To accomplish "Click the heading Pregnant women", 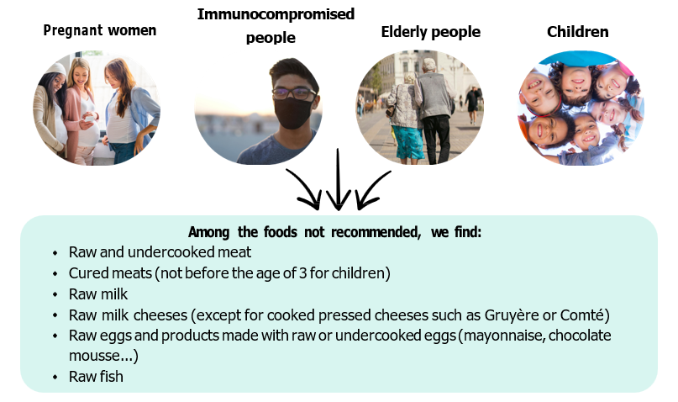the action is coord(100,31).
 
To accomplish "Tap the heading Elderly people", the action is coord(431,32).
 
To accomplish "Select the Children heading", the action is coord(578,32).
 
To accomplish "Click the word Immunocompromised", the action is coord(276,14).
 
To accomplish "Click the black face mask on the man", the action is coord(294,113).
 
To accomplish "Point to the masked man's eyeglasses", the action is coord(294,93).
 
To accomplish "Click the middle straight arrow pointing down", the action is coord(338,180).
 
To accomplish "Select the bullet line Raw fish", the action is coord(96,377).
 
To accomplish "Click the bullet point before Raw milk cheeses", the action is coord(55,315).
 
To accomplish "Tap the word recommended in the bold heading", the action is coord(376,232).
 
